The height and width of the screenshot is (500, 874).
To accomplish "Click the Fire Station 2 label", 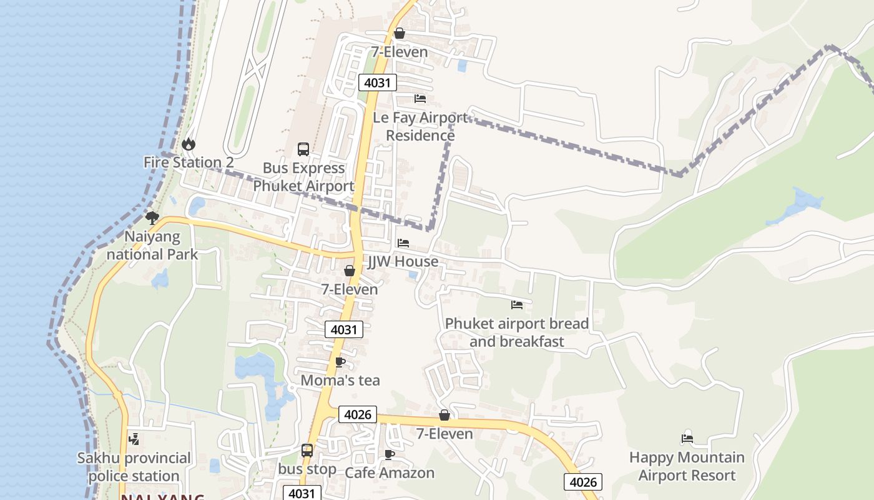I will click(189, 162).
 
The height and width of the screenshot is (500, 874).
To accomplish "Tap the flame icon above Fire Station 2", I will click(188, 144).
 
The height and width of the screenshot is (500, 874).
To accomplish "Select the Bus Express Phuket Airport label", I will click(303, 177).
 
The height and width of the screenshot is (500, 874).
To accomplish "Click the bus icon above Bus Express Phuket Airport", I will click(303, 149).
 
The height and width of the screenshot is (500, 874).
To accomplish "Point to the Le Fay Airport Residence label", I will click(420, 126).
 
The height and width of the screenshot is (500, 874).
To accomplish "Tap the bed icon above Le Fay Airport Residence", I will click(420, 99).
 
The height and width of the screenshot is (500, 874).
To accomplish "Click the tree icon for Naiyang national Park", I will click(152, 218).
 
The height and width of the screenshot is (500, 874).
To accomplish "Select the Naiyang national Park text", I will click(152, 246).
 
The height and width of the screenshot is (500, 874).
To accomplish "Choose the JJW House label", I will click(403, 261).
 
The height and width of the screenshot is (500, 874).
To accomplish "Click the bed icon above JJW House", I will click(403, 243).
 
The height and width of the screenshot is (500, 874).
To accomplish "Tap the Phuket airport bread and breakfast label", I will click(516, 332).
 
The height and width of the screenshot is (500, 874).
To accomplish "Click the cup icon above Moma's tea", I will click(340, 362).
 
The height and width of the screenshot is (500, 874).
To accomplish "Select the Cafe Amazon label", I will click(390, 473).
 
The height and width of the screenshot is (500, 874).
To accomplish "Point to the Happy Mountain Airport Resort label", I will click(687, 466).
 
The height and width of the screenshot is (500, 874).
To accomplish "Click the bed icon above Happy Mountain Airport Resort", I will click(687, 439).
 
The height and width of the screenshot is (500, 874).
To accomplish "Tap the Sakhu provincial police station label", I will click(134, 467).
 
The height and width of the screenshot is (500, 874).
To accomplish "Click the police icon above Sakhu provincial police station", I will click(134, 439).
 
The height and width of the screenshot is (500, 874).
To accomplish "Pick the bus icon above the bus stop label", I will click(307, 451).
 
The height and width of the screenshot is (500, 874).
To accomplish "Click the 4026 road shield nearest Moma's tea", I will click(358, 414).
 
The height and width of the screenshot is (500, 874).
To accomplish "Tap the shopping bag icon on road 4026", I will click(444, 416).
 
